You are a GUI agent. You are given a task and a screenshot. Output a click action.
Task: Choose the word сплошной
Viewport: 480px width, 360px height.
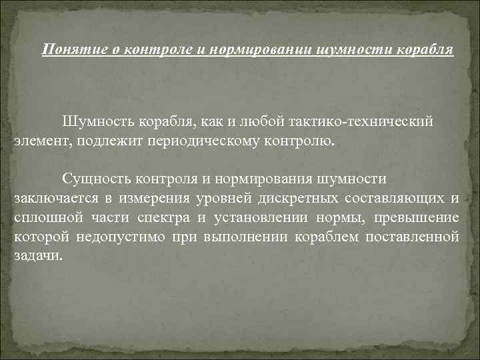click(43, 218)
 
